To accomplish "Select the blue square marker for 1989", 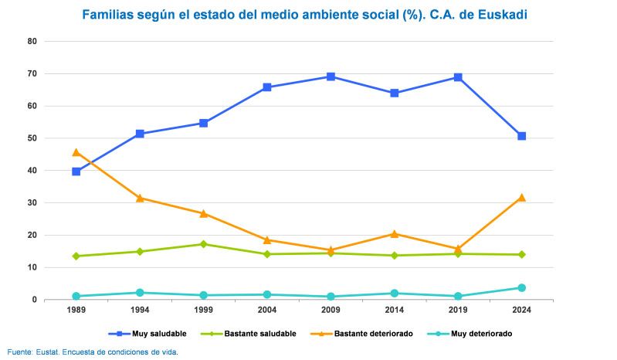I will coord(76,172).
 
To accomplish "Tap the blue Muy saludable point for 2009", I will coord(331,76).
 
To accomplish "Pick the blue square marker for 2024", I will coord(521,136).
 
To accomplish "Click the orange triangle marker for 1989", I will coord(76,152).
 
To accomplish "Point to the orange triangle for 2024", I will coord(521,198).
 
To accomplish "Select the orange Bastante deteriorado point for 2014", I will coord(394,233).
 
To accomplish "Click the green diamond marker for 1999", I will coord(204,244).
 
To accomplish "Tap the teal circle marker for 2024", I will coord(521,287).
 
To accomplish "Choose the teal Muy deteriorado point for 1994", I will coord(140,293).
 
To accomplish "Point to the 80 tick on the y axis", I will coord(32,42).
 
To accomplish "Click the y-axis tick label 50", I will coord(32,138).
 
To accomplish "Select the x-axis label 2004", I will coord(267,310).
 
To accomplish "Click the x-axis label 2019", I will coord(458,310).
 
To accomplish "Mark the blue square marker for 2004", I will coord(267,87).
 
